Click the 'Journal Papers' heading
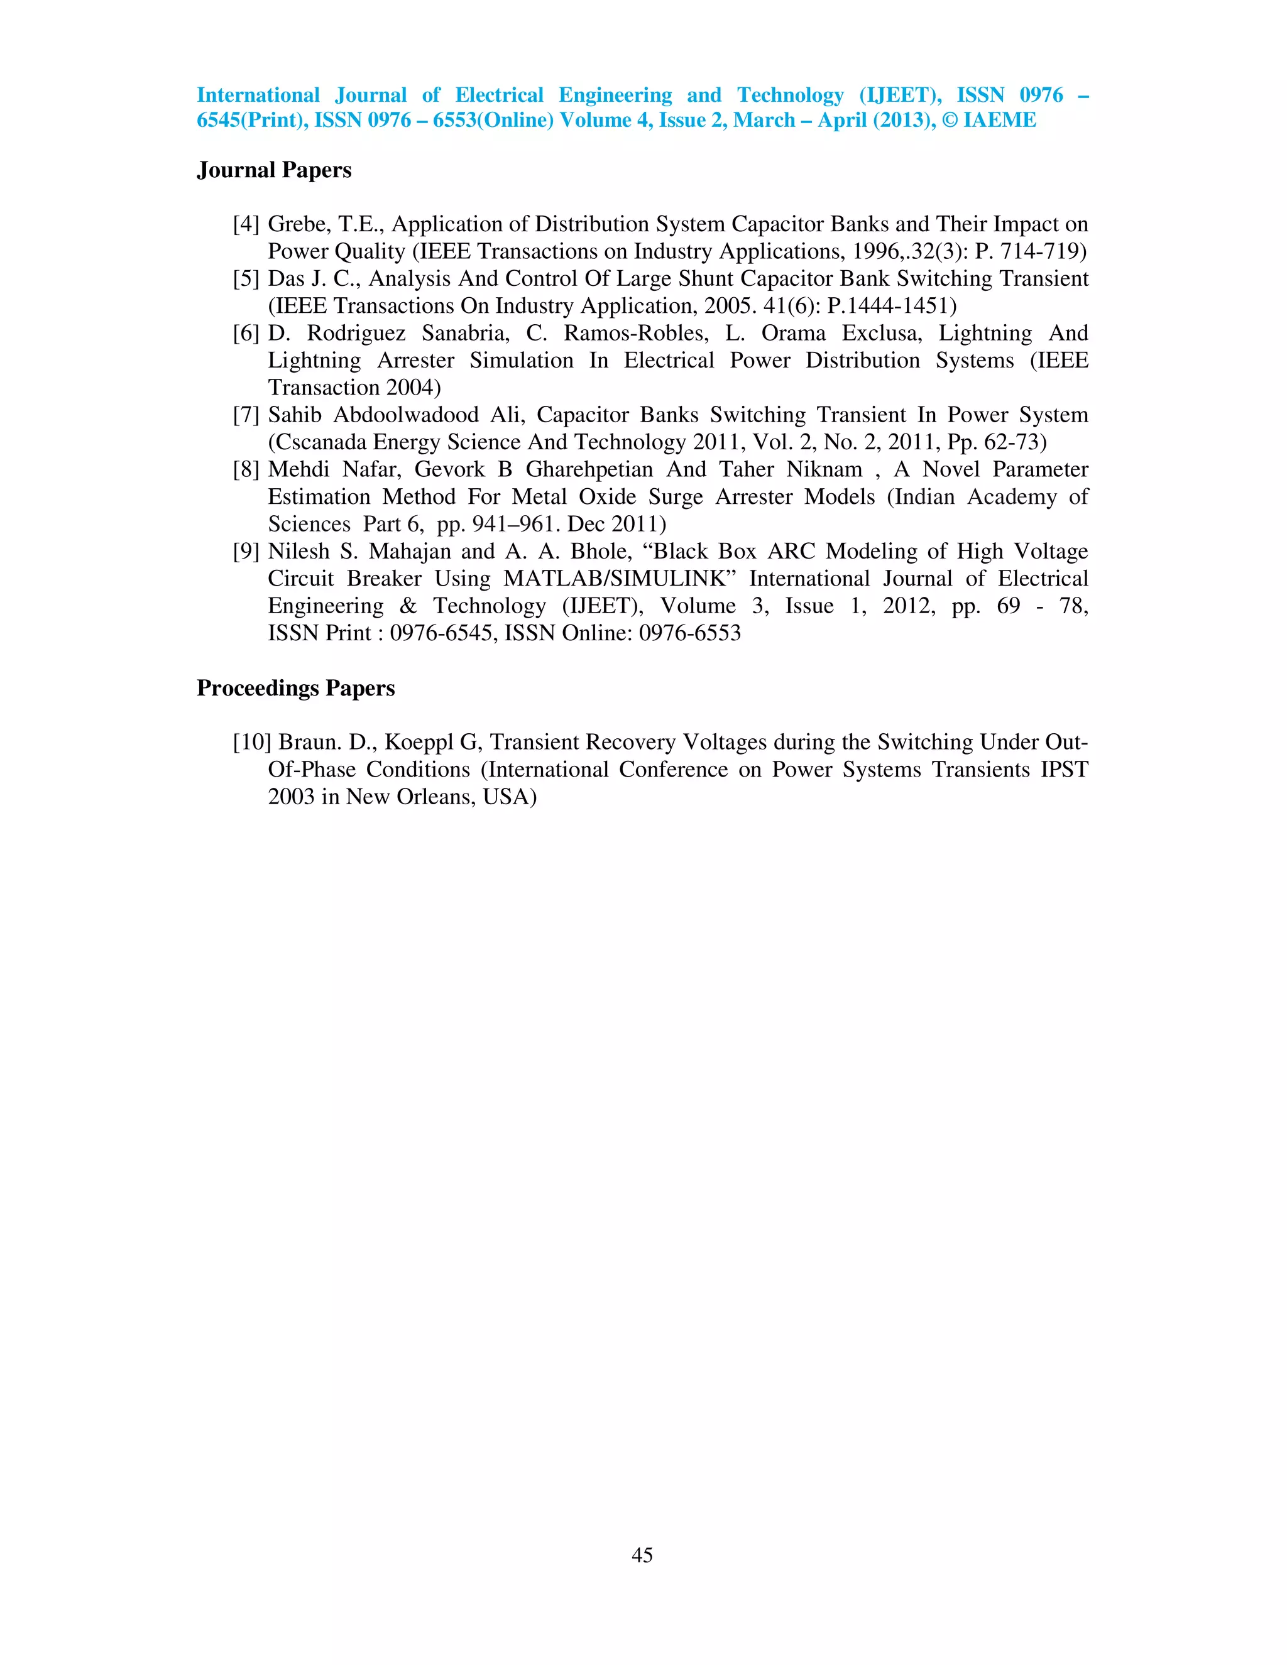274,170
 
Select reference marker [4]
246,224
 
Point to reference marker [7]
246,415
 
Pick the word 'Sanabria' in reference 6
465,333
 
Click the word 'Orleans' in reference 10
432,797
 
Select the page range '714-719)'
1044,251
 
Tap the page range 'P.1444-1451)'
891,306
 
